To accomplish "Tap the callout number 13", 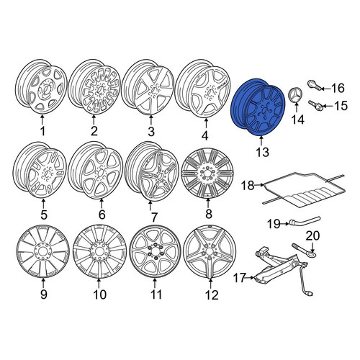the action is click(262, 152).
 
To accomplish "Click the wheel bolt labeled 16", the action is click(314, 86).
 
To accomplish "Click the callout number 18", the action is click(248, 185).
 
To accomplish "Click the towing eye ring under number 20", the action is click(304, 250).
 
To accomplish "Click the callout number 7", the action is click(153, 217).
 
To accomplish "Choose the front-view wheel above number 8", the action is click(207, 174).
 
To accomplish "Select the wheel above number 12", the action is click(210, 252).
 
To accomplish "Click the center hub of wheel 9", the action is click(43, 251).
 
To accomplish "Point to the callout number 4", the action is click(204, 135).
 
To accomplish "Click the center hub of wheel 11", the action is click(155, 251).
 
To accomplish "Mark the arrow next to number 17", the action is click(250, 278).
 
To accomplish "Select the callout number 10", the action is click(99, 294).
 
